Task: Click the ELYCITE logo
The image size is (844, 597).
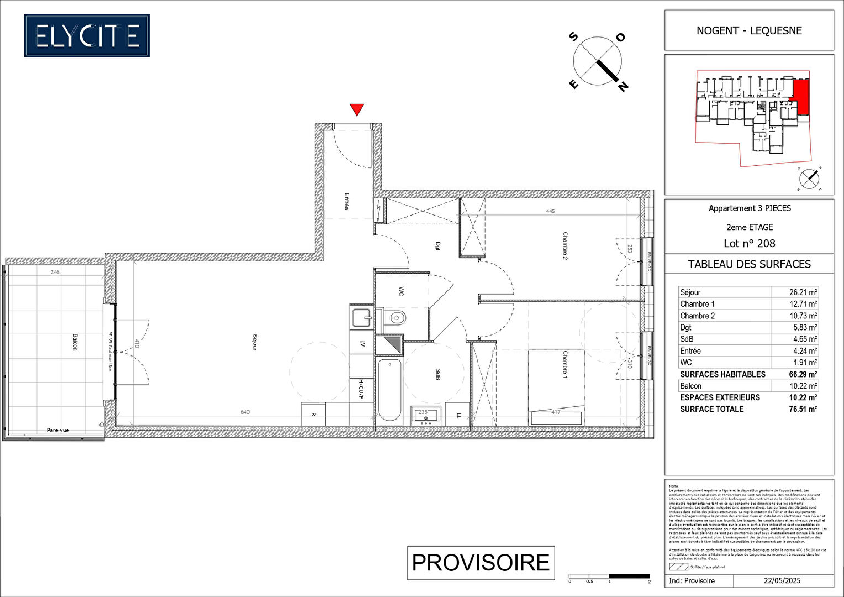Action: (x=87, y=36)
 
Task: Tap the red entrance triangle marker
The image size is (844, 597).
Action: (x=357, y=109)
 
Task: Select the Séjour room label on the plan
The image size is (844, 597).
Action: (x=255, y=342)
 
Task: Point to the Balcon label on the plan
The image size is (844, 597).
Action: (x=75, y=341)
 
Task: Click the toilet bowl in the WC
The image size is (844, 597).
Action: (x=395, y=318)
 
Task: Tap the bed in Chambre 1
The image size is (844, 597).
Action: (x=556, y=387)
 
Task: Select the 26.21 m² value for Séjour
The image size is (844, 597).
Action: (x=803, y=292)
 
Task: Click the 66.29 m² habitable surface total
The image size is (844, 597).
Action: (x=803, y=374)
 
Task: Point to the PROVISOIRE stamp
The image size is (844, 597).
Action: (x=481, y=563)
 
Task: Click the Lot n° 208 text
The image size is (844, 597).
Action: (x=749, y=243)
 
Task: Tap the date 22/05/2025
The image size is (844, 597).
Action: (x=782, y=581)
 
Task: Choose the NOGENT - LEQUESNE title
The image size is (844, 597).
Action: (x=749, y=30)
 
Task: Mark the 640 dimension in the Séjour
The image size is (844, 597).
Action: (x=245, y=412)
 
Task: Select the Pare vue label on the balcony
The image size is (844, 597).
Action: (x=58, y=430)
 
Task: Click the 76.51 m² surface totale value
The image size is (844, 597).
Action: (x=803, y=409)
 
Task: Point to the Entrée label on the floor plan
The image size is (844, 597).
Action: (x=346, y=201)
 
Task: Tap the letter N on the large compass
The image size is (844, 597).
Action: (x=623, y=86)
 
